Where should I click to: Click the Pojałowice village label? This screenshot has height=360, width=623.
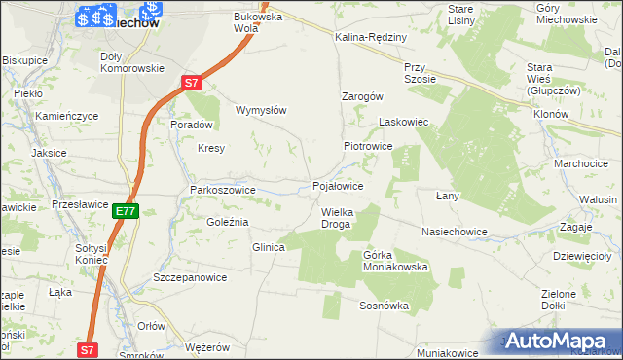pos(338,186)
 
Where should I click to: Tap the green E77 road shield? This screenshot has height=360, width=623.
pos(125,210)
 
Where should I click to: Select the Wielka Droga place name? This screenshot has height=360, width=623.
pos(337,218)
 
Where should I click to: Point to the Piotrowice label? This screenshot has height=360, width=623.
pos(367,146)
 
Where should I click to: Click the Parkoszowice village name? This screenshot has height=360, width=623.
pos(223,190)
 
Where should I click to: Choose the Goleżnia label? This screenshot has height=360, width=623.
pos(228,223)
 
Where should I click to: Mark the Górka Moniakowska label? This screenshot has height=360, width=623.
pos(395,261)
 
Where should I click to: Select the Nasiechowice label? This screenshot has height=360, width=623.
pos(454,233)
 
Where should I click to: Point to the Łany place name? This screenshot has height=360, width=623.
pos(447,196)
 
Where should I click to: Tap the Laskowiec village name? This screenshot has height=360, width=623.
pos(404,123)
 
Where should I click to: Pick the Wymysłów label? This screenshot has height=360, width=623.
pos(261,110)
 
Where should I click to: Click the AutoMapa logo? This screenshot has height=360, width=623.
pos(560,342)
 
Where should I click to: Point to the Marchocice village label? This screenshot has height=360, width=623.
pos(581,163)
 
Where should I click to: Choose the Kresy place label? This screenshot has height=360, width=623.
pos(211,149)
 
